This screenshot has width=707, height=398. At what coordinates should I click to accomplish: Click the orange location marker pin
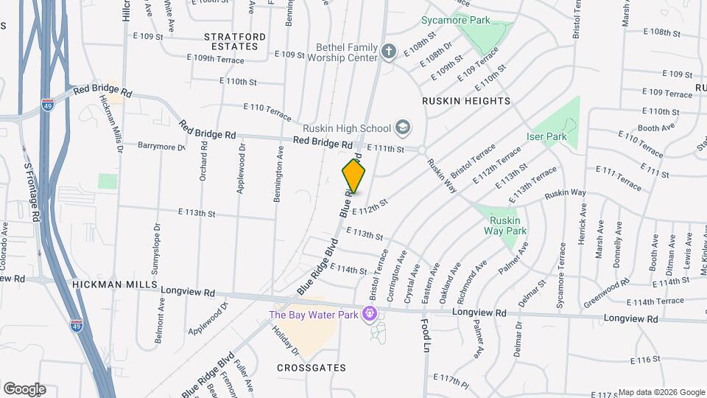(354, 175)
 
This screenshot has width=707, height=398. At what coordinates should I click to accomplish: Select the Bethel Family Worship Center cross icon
(389, 51)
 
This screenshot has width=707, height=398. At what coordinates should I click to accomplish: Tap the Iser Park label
(546, 136)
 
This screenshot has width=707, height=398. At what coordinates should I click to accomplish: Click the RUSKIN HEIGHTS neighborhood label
(466, 100)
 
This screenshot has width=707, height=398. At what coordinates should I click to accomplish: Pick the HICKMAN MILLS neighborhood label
(115, 284)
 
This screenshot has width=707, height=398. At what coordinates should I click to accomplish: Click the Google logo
(24, 388)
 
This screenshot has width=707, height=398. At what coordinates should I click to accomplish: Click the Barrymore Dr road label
(161, 146)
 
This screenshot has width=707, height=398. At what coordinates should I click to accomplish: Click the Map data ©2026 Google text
(661, 392)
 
